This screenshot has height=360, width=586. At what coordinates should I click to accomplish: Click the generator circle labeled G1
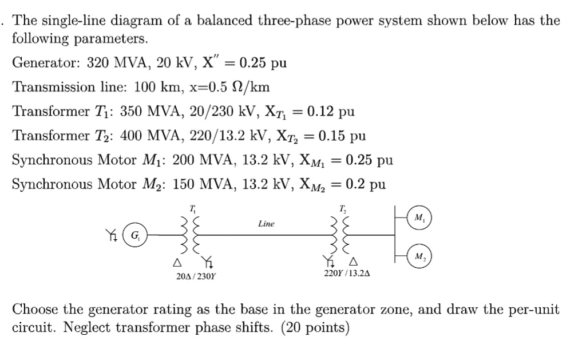pos(135,235)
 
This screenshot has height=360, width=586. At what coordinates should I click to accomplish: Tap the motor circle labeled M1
pos(421,218)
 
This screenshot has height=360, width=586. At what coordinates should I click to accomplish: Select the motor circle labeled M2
pos(421,256)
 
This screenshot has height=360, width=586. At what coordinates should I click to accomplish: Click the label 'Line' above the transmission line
pos(266,224)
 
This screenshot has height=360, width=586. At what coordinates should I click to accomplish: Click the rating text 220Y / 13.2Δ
pos(347,273)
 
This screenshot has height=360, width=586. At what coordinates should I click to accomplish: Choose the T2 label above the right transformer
pos(343,208)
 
